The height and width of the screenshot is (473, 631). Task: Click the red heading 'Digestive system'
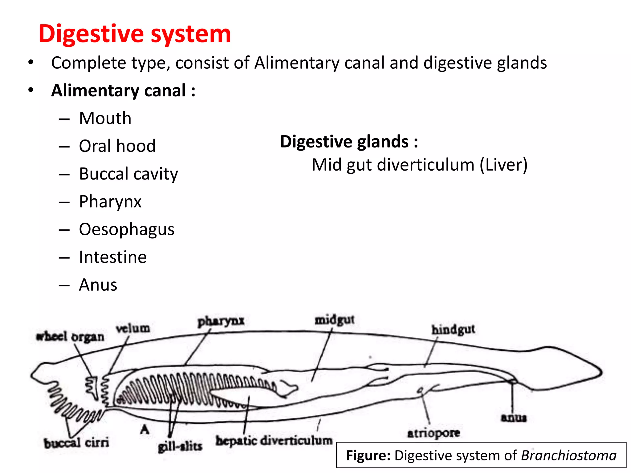coord(135,34)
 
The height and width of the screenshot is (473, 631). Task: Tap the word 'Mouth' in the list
coord(105,118)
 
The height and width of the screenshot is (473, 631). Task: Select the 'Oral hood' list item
coord(117,146)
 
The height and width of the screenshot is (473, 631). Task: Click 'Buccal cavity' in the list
coord(128,174)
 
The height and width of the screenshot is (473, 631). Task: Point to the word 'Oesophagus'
coord(127,229)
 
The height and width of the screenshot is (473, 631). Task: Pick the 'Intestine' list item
coord(113,257)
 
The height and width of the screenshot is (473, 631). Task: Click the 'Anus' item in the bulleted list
coord(98,285)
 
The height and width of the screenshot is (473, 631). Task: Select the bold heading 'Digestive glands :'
coord(349,142)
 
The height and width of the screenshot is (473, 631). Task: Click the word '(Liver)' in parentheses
coord(503,165)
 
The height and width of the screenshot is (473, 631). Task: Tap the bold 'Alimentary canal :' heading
coord(123,91)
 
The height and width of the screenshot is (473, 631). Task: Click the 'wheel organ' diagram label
coord(70,337)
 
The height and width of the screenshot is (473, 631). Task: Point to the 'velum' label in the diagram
coord(133,329)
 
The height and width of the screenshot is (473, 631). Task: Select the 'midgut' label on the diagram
coord(334,320)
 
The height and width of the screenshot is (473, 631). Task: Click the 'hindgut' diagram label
coord(453,330)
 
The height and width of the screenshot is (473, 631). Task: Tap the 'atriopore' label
coord(434,433)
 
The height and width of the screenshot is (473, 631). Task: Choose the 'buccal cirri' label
coord(76,443)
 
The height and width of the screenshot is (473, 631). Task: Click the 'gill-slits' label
coord(180,447)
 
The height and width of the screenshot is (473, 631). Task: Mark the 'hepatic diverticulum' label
coord(274,441)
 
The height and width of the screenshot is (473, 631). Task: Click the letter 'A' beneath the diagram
coord(145,429)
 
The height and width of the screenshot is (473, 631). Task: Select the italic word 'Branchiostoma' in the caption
coord(569,455)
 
